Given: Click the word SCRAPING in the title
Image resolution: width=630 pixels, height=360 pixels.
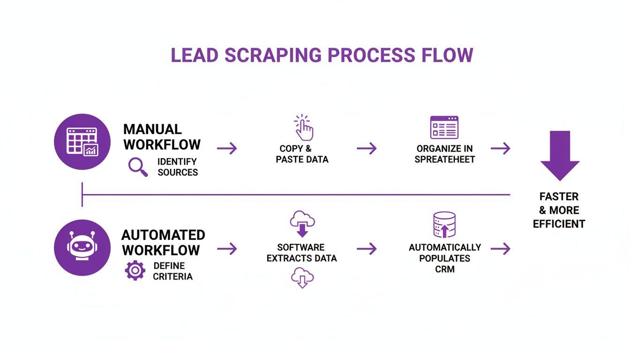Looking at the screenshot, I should (x=272, y=55).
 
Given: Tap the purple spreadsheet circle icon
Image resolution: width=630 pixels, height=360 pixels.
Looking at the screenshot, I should (x=82, y=142).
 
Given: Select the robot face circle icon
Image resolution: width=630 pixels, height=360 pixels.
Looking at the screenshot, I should (x=82, y=247).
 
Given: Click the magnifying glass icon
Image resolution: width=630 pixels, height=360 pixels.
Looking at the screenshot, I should (x=138, y=167).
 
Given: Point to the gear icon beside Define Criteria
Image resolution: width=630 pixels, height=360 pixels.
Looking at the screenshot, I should (x=135, y=270).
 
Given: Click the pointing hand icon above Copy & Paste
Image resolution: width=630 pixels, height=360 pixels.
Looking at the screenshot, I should (x=304, y=127).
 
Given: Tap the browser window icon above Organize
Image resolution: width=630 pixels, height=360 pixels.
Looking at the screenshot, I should (x=444, y=127).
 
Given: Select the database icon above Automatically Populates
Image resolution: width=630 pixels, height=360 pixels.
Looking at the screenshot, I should (x=444, y=225).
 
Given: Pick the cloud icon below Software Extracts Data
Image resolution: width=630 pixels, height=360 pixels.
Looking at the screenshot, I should (x=302, y=277).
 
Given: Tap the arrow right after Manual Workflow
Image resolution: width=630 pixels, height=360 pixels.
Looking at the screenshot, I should (x=227, y=149).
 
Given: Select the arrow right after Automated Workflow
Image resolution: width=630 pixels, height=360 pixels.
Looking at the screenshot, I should (x=227, y=249).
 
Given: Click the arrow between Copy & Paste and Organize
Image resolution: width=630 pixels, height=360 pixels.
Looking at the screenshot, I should (x=367, y=149).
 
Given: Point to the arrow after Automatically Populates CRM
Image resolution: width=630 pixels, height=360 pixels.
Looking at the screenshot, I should (x=500, y=249).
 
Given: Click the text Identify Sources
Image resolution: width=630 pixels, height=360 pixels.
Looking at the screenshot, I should (x=177, y=167).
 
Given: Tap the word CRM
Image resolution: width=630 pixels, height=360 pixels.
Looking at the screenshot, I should (x=444, y=269).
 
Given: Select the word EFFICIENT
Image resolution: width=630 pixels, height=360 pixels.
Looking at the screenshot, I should (x=559, y=224).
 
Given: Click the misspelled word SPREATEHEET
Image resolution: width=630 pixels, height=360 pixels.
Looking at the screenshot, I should (x=444, y=159).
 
